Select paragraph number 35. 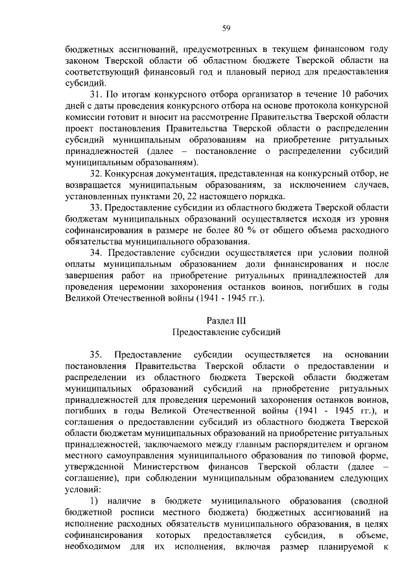[97, 354]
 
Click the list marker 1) [96, 501]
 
